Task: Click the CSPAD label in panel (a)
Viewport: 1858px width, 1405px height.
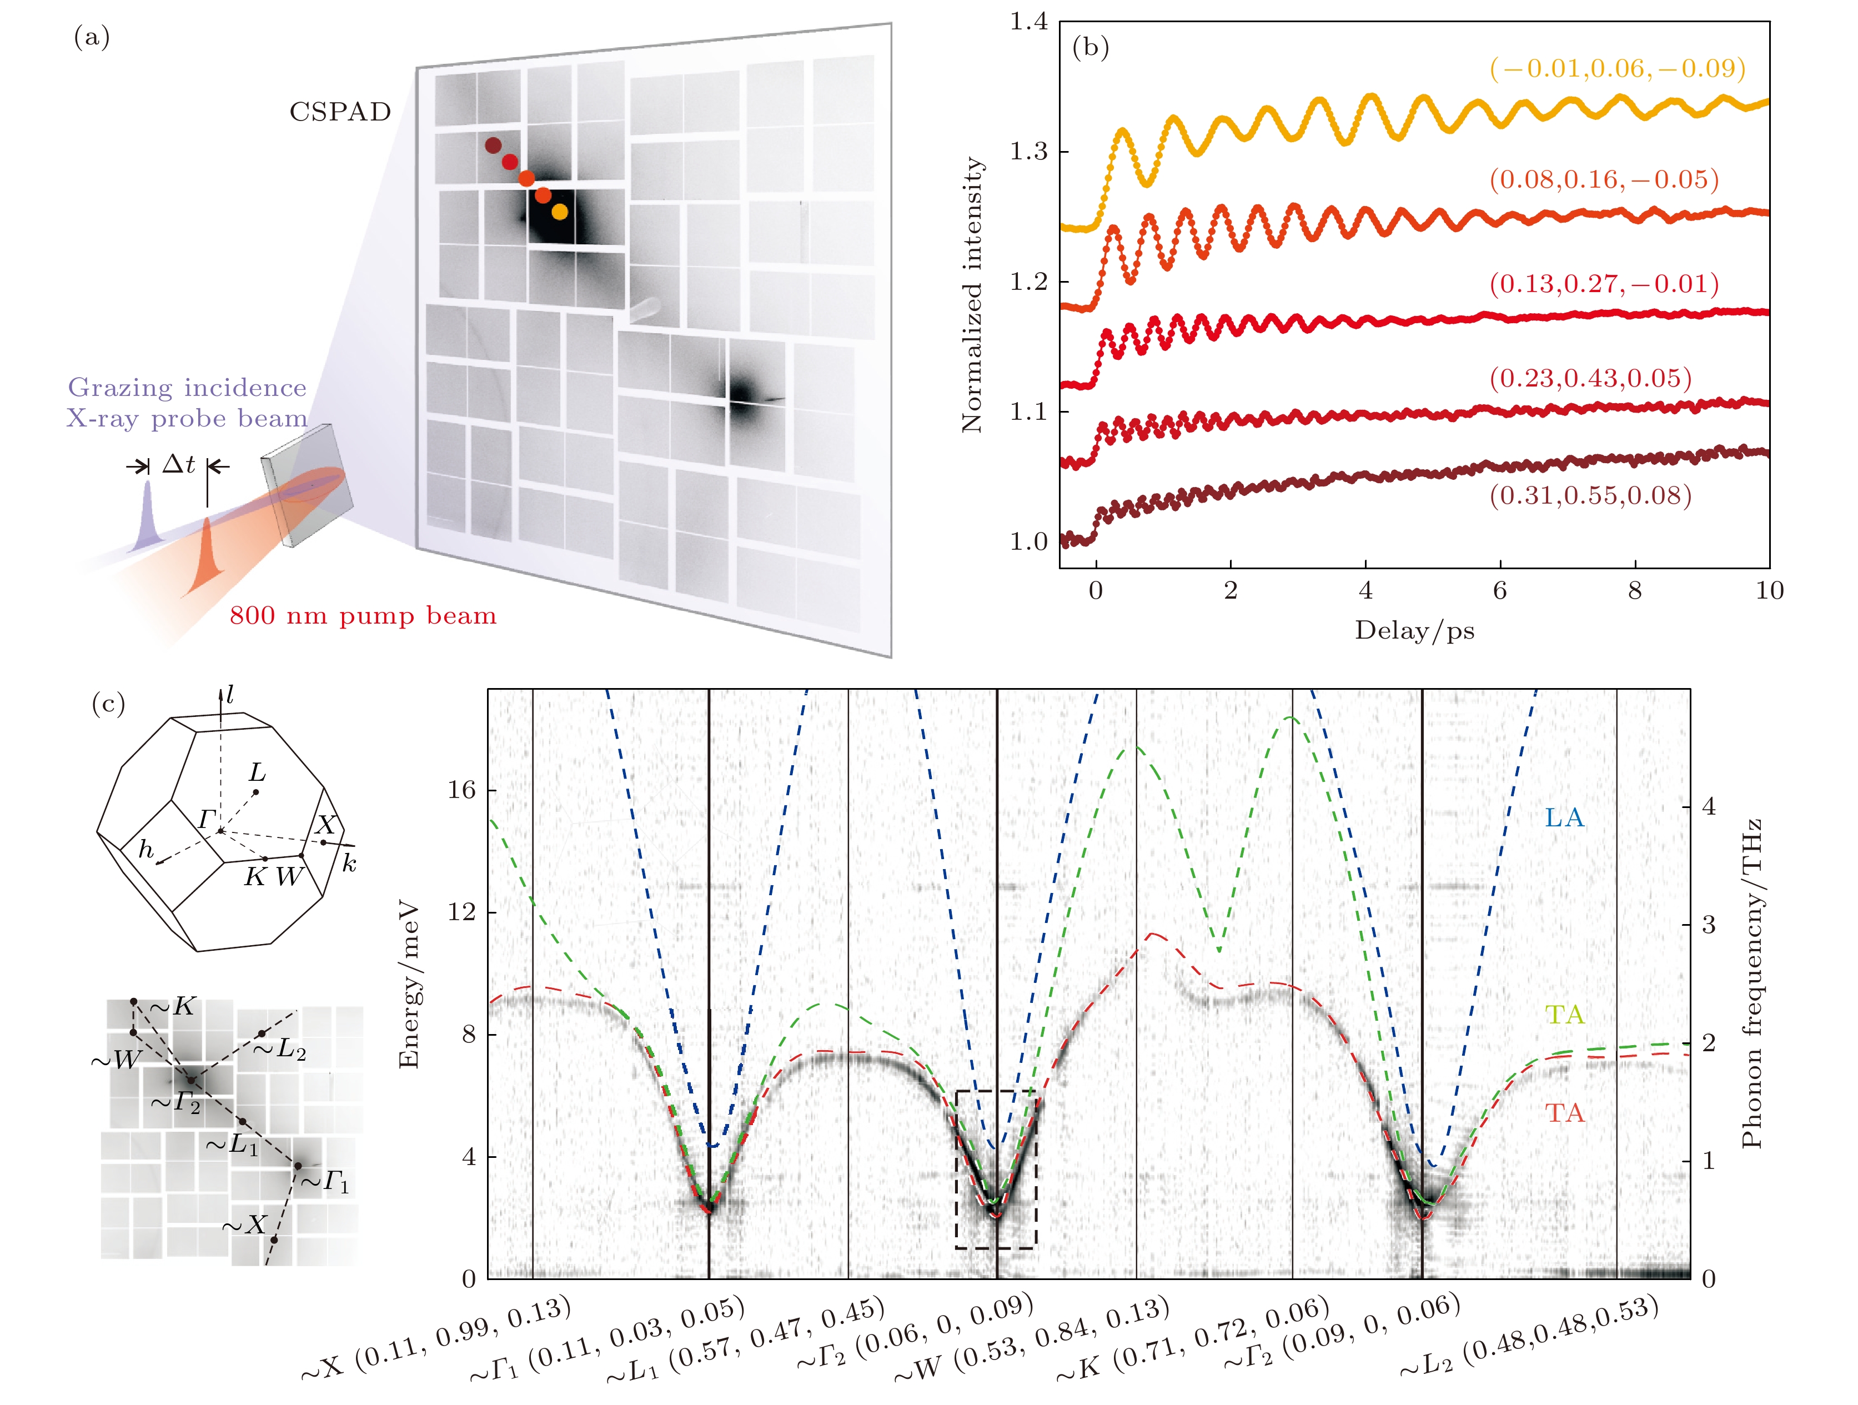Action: [340, 112]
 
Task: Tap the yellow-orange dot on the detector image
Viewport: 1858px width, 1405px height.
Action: [559, 212]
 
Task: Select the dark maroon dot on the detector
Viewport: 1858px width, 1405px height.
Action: [493, 145]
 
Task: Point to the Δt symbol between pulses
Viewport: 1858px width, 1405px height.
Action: [178, 464]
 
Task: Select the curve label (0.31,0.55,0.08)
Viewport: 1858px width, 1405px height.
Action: [1590, 495]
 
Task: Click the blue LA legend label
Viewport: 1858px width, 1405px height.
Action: [1564, 817]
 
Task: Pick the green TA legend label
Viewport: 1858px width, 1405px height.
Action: [1564, 1015]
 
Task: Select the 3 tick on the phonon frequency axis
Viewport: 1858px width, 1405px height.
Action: [1708, 926]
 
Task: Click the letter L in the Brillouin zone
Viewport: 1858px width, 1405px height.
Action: [257, 772]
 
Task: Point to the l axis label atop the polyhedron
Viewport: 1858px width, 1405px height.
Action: [229, 695]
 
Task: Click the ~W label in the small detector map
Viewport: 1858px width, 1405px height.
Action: [115, 1060]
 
